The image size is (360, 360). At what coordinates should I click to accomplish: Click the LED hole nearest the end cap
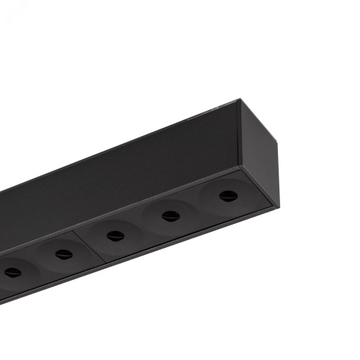(228, 196)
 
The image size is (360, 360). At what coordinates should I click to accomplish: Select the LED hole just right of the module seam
(115, 235)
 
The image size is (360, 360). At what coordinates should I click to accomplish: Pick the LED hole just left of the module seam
(63, 253)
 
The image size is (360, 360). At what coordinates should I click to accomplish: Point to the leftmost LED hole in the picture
(13, 272)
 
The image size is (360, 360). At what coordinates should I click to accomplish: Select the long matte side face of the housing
(122, 173)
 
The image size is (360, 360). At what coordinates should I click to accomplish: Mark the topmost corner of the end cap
(240, 101)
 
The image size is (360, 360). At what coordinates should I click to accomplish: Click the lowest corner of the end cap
(273, 207)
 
